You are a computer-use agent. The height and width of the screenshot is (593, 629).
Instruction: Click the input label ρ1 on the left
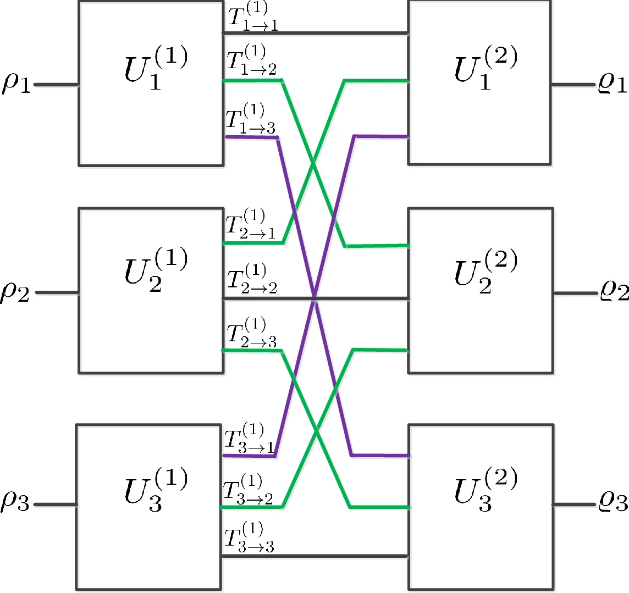click(16, 85)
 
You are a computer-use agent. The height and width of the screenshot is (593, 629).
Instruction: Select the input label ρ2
click(16, 292)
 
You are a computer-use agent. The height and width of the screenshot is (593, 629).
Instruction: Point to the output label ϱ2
click(614, 292)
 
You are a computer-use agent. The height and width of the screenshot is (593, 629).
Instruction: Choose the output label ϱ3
click(613, 502)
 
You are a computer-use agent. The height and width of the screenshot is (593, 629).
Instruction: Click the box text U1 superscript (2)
click(485, 68)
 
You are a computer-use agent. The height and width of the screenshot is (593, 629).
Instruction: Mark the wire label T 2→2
click(252, 279)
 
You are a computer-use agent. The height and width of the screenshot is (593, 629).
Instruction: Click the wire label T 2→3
click(252, 333)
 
